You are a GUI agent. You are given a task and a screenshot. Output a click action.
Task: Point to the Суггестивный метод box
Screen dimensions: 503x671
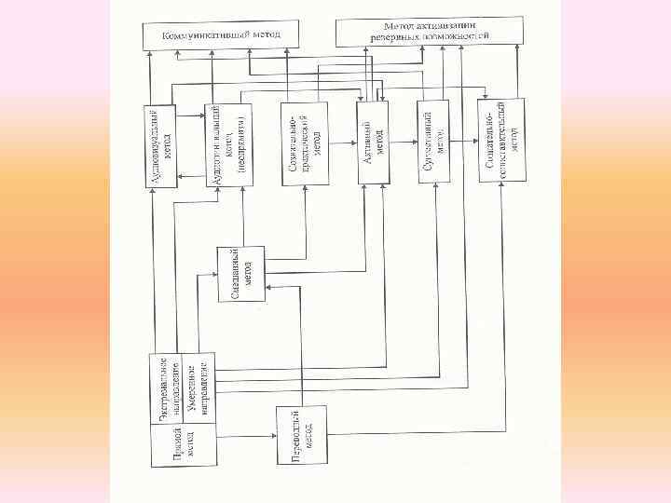click(435, 142)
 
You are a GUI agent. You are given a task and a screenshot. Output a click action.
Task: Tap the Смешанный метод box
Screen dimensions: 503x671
click(241, 274)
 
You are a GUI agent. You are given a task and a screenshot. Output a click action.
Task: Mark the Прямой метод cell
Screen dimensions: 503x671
click(184, 442)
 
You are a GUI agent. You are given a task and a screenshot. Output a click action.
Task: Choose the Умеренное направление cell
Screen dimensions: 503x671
click(197, 382)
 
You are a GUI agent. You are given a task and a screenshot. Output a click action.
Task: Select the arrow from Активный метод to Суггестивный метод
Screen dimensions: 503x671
click(404, 143)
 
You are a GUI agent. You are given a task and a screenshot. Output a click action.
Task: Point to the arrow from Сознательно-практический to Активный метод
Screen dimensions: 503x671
click(342, 143)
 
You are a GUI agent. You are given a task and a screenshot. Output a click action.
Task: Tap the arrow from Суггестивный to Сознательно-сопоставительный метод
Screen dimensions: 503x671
click(465, 142)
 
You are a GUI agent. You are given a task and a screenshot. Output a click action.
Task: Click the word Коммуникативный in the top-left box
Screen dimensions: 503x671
click(199, 35)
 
